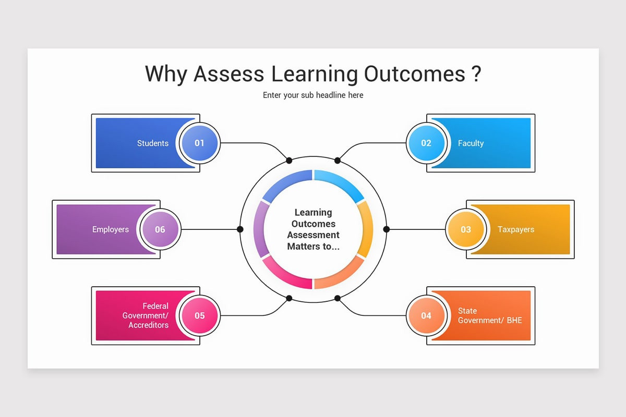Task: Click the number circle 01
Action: (199, 143)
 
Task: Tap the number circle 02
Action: (426, 143)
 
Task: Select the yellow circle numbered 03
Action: (465, 229)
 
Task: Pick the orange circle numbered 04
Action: (426, 315)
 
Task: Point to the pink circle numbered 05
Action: (199, 315)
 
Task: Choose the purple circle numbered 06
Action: (160, 229)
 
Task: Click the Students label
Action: (153, 143)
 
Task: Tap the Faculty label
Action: (471, 143)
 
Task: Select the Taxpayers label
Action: (515, 229)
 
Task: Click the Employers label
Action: (111, 229)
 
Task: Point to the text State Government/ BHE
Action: (489, 315)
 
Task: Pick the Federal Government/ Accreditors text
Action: (146, 315)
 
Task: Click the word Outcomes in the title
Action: (414, 74)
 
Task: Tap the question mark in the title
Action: (475, 74)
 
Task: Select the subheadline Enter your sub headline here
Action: (313, 95)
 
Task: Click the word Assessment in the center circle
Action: (313, 235)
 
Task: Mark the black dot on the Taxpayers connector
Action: (386, 229)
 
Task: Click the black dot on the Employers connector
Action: (240, 229)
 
